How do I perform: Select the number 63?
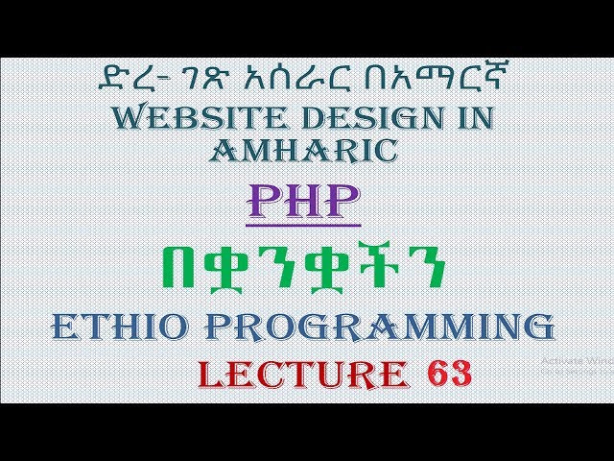click(445, 373)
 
